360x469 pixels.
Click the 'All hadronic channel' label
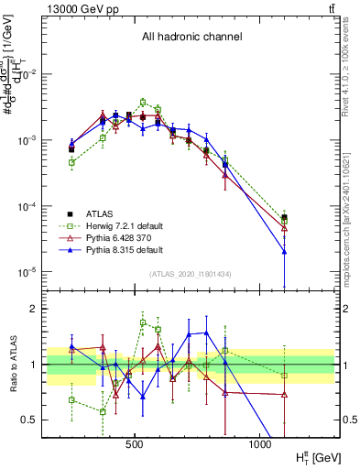pos(191,37)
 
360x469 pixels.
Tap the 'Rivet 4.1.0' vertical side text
pos(350,55)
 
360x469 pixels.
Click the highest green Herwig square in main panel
pos(143,102)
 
